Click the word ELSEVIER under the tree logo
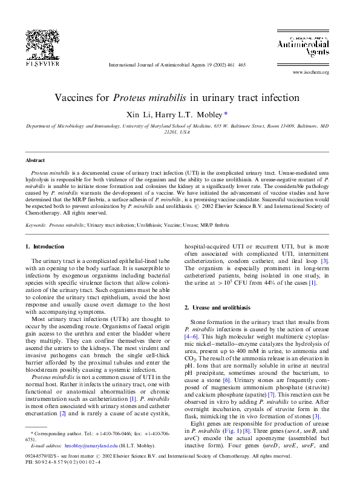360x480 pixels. pyautogui.click(x=42, y=63)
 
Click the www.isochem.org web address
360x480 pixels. pyautogui.click(x=310, y=72)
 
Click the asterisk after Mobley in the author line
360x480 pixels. pyautogui.click(x=226, y=113)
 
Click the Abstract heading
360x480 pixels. pyautogui.click(x=35, y=160)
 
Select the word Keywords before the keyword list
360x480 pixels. pyautogui.click(x=36, y=224)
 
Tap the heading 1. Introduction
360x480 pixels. pyautogui.click(x=44, y=247)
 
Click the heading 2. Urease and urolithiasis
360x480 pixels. pyautogui.click(x=217, y=308)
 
